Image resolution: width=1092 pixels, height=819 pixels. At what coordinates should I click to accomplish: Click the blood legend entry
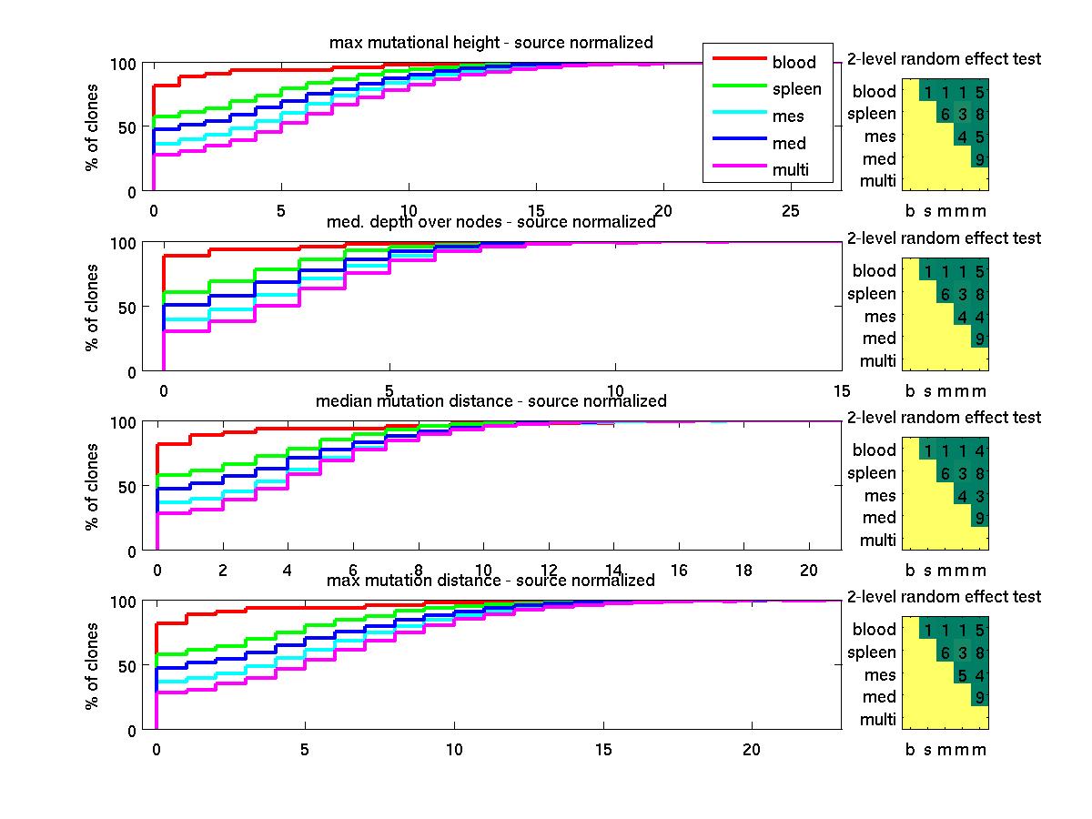(x=794, y=63)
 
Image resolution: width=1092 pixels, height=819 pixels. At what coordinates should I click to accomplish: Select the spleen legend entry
(x=796, y=89)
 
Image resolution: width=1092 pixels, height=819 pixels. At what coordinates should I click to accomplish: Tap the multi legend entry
(x=790, y=170)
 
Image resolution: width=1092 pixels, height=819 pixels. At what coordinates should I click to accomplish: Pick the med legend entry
(x=789, y=143)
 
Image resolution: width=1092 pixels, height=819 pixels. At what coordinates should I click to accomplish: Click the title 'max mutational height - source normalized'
(x=490, y=43)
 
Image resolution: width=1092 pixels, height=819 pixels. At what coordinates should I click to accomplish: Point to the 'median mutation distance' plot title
(x=490, y=401)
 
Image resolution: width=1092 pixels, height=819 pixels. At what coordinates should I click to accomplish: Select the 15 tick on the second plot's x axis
(x=841, y=390)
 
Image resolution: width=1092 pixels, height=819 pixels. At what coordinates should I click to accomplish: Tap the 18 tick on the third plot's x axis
(x=743, y=570)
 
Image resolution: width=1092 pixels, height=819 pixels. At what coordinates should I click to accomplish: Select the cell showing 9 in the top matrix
(x=978, y=160)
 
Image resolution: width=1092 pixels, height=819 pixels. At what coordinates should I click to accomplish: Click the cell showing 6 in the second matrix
(x=945, y=294)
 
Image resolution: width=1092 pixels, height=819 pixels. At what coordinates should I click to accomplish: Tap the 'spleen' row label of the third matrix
(x=872, y=473)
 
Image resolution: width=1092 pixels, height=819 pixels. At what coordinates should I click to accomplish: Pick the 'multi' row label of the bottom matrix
(x=878, y=720)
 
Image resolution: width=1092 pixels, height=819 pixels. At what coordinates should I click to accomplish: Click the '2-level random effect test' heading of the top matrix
(x=944, y=59)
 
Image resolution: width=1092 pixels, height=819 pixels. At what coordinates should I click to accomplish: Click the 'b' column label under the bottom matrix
(x=910, y=750)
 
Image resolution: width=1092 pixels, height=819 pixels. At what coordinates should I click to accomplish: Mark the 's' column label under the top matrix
(x=927, y=212)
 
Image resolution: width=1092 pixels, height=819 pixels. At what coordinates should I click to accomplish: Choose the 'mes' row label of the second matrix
(x=880, y=317)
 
